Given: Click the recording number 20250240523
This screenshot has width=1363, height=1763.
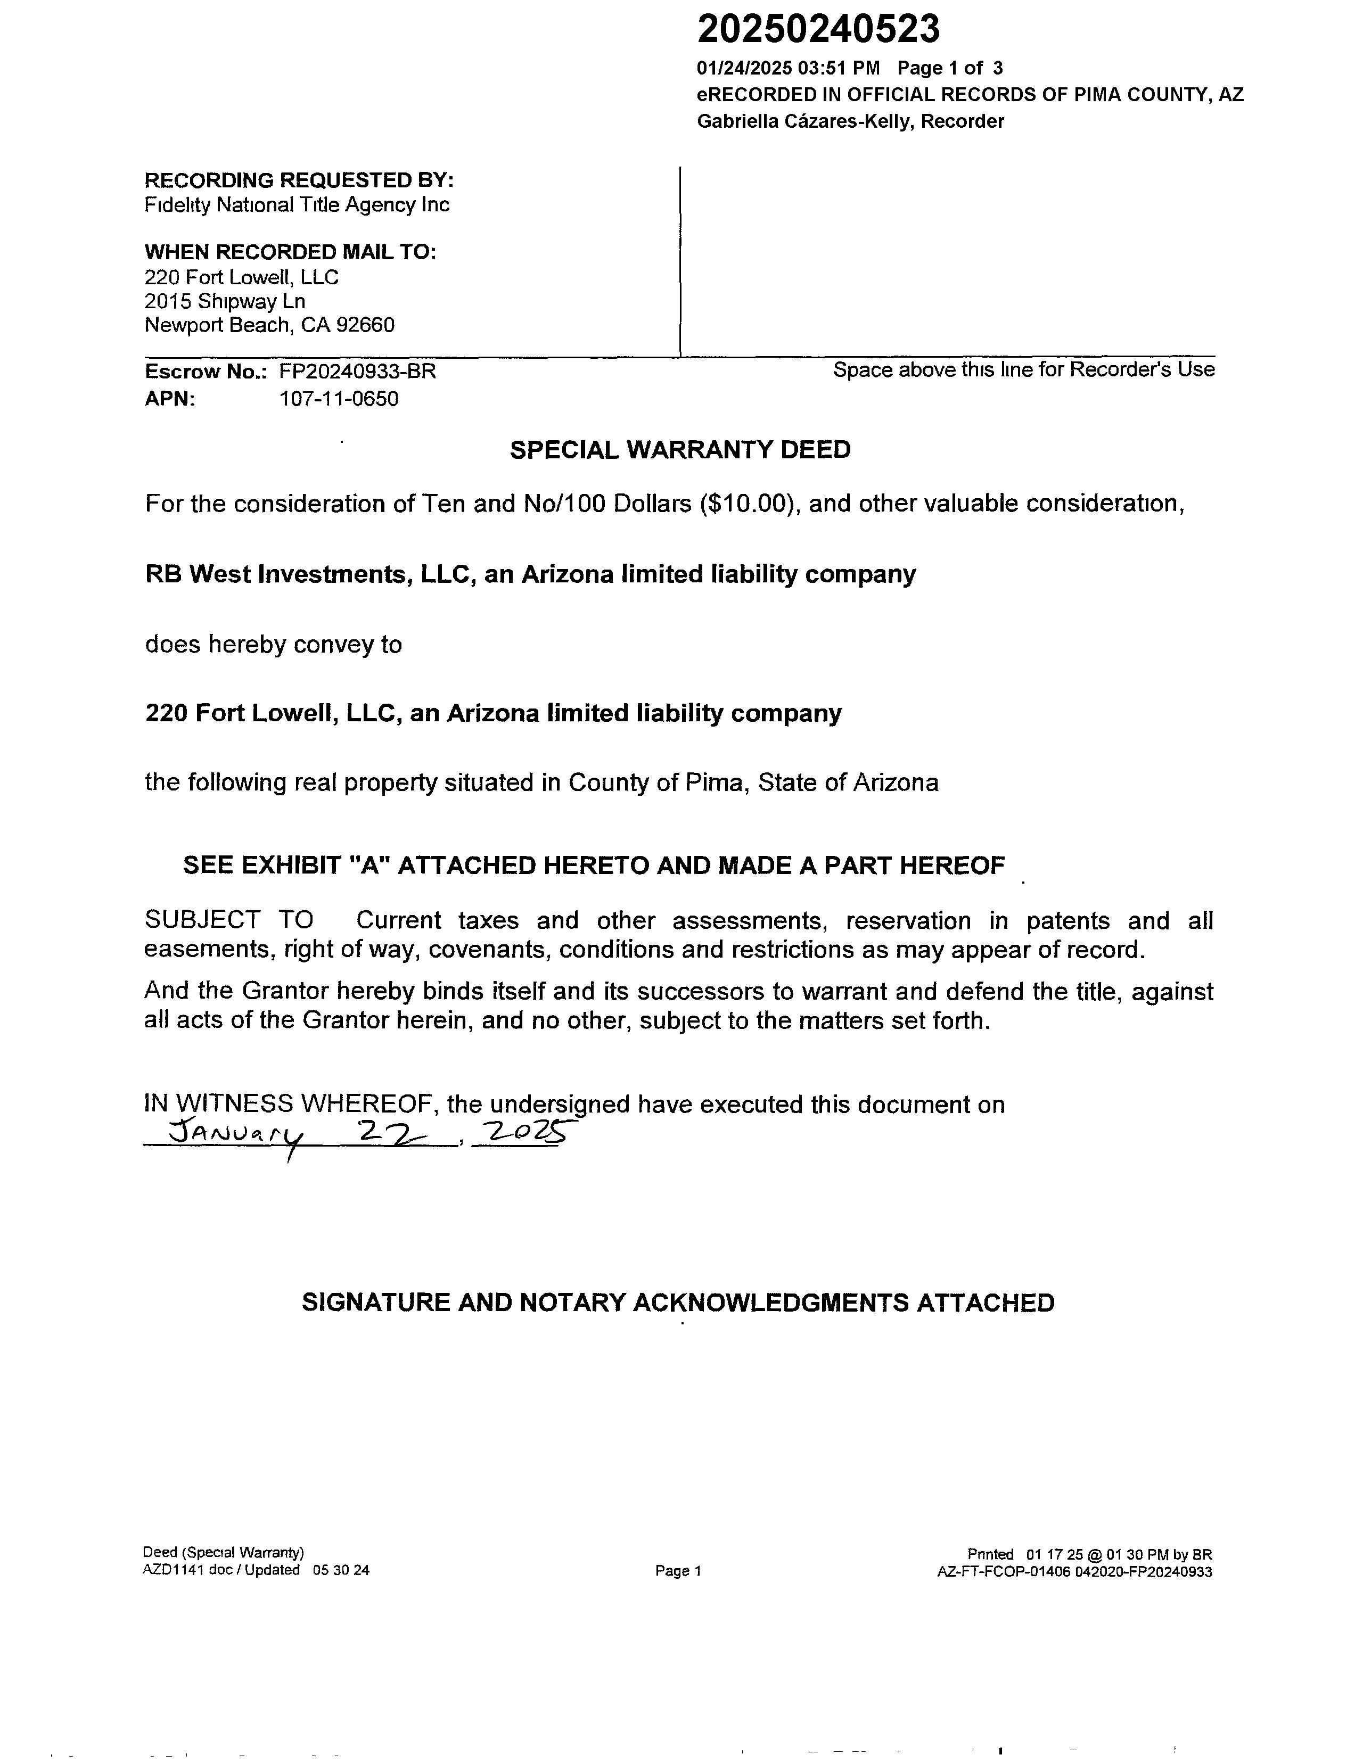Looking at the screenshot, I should [x=818, y=30].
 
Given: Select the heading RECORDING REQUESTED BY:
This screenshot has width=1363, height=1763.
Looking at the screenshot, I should [x=299, y=179].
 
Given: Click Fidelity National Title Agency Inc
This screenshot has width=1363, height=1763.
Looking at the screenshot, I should [x=297, y=204].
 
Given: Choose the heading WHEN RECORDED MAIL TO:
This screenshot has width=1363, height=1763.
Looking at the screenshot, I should [x=290, y=252].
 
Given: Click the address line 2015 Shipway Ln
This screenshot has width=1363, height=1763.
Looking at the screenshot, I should [x=225, y=301].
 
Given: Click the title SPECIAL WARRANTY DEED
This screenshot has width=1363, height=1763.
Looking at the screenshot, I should [x=680, y=450].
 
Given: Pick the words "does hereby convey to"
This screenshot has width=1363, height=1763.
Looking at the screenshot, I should [x=273, y=644].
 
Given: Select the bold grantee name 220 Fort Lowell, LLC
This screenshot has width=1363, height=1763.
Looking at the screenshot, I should [x=274, y=713].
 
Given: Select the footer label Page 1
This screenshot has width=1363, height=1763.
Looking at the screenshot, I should [x=678, y=1570].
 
